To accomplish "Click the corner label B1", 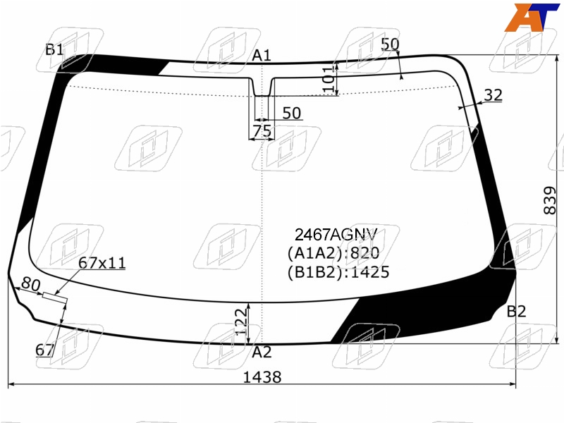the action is tap(55, 49).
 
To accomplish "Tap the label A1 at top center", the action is tap(261, 56).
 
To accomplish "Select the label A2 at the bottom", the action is tap(262, 352).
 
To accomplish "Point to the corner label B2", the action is tap(516, 312).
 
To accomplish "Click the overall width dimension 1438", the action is tap(262, 377).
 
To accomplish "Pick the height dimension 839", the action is tap(550, 200).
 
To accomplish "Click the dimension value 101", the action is tap(328, 79).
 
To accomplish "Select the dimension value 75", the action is tap(262, 131).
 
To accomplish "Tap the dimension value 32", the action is tap(493, 95).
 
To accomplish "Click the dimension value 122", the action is tap(241, 321).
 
